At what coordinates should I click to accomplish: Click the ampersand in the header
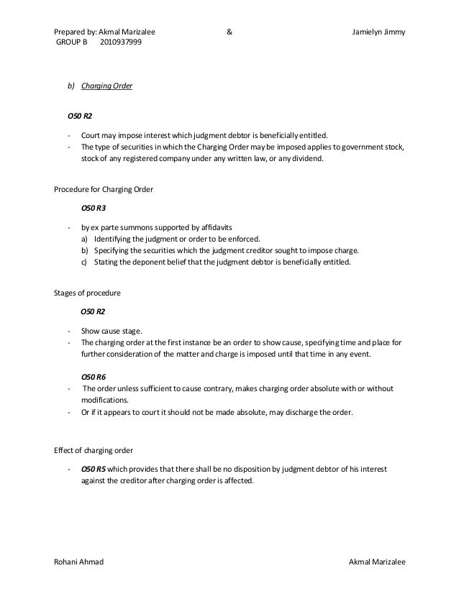229,32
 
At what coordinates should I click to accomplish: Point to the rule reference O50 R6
93,375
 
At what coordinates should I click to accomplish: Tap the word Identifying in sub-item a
115,239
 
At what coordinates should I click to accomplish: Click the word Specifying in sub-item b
114,250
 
